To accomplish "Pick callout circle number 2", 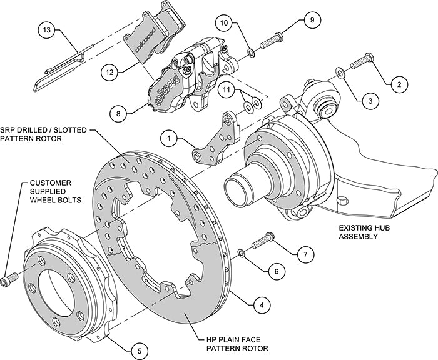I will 397,81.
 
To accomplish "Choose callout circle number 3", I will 370,100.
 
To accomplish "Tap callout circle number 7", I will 305,254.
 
